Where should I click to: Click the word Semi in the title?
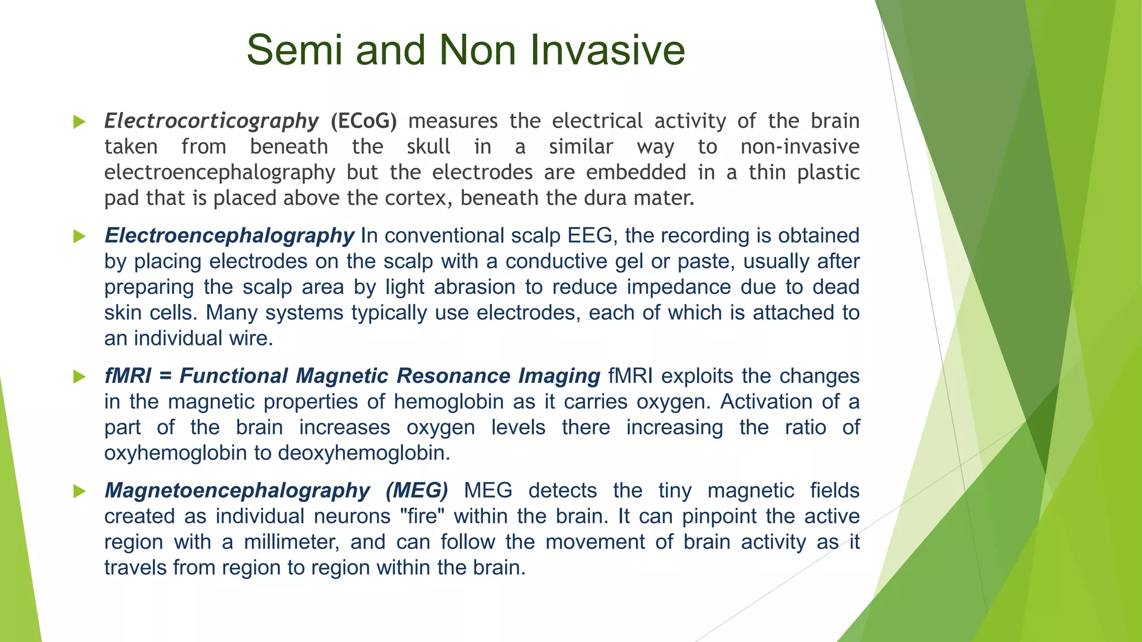(294, 50)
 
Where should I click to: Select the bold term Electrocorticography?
(211, 121)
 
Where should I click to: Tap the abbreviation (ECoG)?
(364, 121)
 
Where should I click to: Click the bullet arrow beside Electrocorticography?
(79, 121)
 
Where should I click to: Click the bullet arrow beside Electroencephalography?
(79, 236)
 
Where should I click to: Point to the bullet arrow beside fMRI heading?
(79, 377)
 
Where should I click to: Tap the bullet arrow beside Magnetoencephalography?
(79, 491)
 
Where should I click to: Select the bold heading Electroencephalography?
(229, 236)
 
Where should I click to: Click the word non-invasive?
(800, 147)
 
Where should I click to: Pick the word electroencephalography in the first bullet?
(220, 173)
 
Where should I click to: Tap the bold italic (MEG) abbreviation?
(417, 490)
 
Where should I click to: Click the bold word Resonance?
(453, 376)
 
